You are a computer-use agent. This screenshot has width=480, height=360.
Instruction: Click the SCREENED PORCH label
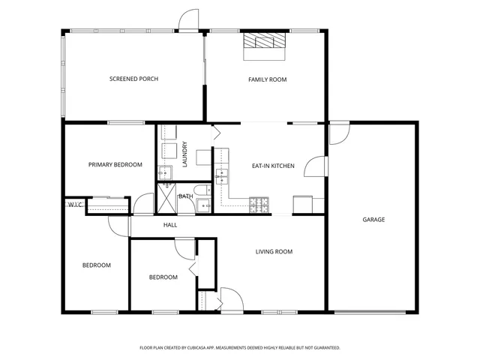133,79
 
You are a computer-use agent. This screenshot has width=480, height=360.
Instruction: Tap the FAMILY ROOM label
268,79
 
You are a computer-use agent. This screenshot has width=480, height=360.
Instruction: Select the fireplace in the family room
264,46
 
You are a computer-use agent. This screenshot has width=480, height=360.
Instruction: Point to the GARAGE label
373,220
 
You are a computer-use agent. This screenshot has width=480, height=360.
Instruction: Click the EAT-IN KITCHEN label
272,166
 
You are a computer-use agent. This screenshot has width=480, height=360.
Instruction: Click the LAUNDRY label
184,154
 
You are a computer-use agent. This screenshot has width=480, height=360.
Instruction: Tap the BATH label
186,196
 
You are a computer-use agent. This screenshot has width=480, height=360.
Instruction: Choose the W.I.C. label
76,204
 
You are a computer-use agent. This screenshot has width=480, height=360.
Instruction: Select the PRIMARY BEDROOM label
115,165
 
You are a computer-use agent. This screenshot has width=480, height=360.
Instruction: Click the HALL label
169,224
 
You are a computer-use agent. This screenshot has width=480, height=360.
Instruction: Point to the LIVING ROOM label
274,252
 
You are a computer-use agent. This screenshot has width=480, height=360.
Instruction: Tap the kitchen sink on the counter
222,177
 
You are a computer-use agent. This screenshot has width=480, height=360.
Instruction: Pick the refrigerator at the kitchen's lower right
304,203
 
